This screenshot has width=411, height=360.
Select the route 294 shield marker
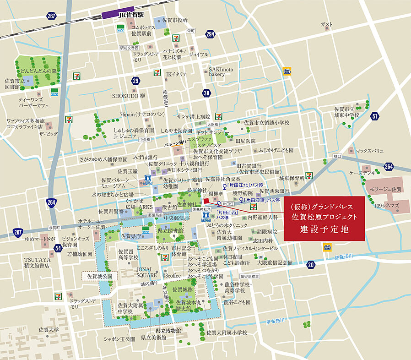211,35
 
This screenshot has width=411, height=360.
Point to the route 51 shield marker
375,116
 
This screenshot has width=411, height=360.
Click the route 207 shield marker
17,232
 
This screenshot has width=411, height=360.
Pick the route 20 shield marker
311,264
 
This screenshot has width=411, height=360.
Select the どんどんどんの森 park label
38,71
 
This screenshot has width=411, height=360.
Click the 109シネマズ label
387,206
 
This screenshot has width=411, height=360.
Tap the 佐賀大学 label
49,329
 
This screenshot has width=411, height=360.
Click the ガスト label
326,24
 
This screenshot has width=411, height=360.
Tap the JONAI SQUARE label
147,273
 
